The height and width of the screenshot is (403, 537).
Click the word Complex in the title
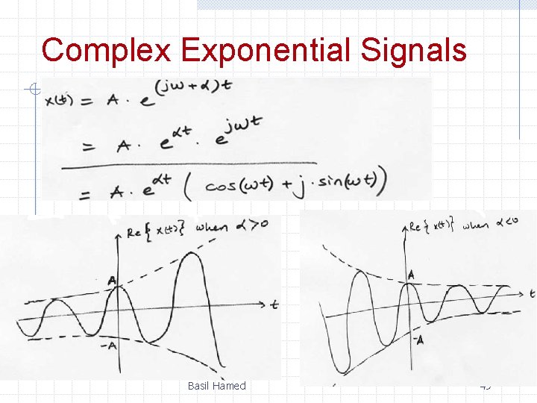click(107, 50)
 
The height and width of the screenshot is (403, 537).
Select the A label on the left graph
click(111, 281)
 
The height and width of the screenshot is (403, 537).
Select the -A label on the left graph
click(110, 345)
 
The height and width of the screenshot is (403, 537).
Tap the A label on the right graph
click(410, 276)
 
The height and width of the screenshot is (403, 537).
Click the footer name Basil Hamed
click(216, 386)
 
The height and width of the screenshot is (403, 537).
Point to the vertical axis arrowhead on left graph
click(117, 235)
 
